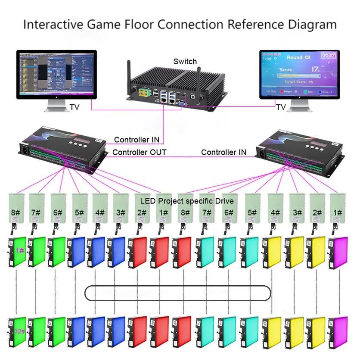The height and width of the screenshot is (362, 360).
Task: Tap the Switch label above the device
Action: click(185, 62)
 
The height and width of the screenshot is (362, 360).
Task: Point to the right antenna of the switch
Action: click(199, 84)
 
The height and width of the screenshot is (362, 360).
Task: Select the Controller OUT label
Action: click(139, 152)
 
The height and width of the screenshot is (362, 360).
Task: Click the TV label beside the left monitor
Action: click(74, 106)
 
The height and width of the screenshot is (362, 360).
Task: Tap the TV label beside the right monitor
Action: click(281, 106)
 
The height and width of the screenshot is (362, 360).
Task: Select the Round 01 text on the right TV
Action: click(298, 57)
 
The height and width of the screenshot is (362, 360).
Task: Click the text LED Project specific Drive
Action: click(187, 201)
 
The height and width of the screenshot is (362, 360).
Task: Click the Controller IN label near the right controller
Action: click(224, 152)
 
